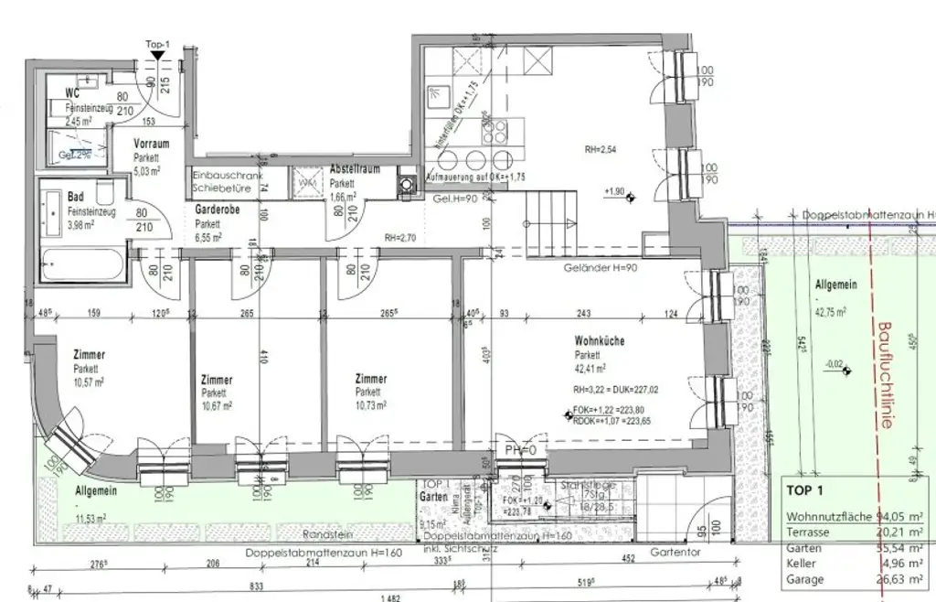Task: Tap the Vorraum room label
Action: [152, 145]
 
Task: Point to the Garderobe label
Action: [218, 210]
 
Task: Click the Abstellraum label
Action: [354, 170]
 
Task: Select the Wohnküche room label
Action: [600, 341]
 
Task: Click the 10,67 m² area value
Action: [217, 405]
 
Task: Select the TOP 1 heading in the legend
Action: [805, 490]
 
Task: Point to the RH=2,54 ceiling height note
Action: [602, 148]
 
